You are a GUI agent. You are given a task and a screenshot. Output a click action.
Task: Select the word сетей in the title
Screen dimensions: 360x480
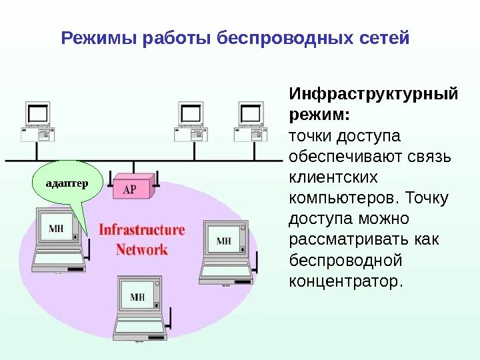pyautogui.click(x=384, y=38)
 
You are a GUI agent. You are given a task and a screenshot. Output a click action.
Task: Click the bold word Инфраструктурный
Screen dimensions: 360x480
pyautogui.click(x=373, y=94)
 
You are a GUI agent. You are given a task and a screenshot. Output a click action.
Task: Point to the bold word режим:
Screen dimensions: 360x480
pyautogui.click(x=319, y=115)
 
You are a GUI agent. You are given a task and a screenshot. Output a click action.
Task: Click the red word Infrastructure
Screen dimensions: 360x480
pyautogui.click(x=141, y=230)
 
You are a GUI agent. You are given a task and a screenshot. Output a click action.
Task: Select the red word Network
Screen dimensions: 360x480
pyautogui.click(x=141, y=250)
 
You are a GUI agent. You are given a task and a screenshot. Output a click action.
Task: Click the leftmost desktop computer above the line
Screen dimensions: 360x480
pyautogui.click(x=37, y=121)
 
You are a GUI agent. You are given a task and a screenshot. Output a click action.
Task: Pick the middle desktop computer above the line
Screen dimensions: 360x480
pyautogui.click(x=191, y=121)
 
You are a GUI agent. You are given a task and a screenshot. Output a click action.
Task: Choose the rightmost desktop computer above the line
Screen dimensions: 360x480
pyautogui.click(x=250, y=121)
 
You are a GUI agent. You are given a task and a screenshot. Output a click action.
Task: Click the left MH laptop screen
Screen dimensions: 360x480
pyautogui.click(x=57, y=229)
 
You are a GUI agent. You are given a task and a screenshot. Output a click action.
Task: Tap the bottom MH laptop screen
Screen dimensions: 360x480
pyautogui.click(x=137, y=297)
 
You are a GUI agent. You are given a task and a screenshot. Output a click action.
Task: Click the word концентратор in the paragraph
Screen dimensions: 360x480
pyautogui.click(x=345, y=281)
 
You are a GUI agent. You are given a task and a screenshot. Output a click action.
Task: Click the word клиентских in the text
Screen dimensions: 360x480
pyautogui.click(x=333, y=177)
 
